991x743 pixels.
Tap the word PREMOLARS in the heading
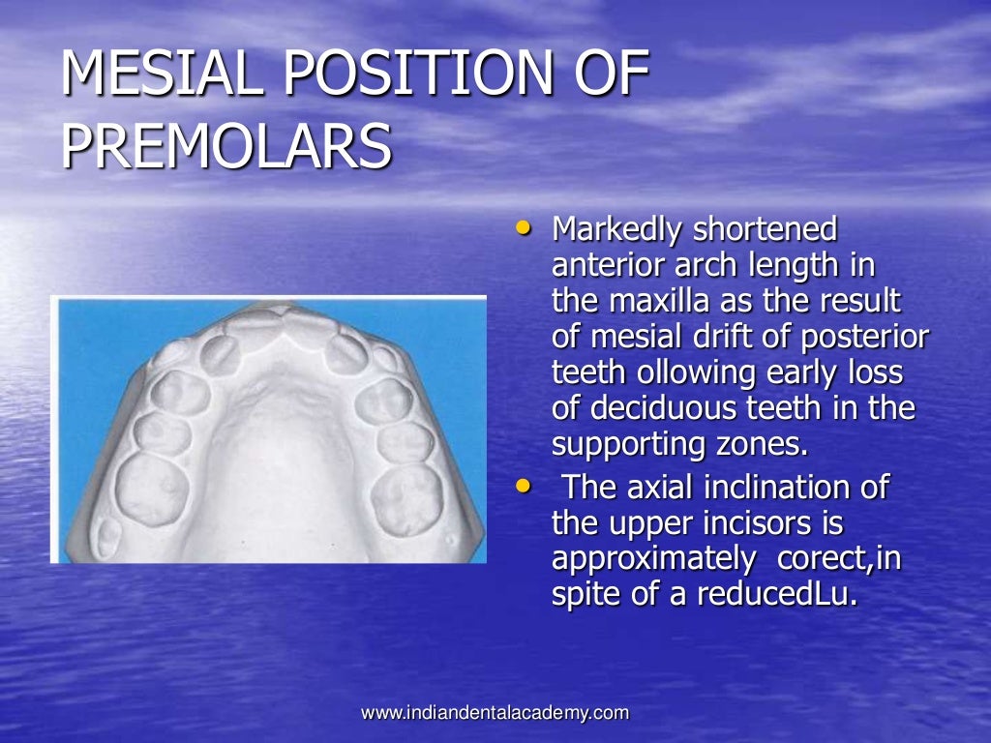point(226,148)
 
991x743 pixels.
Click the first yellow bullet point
point(524,229)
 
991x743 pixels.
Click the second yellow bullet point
point(524,488)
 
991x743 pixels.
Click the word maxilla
point(660,302)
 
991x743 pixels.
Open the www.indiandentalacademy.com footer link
point(495,713)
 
